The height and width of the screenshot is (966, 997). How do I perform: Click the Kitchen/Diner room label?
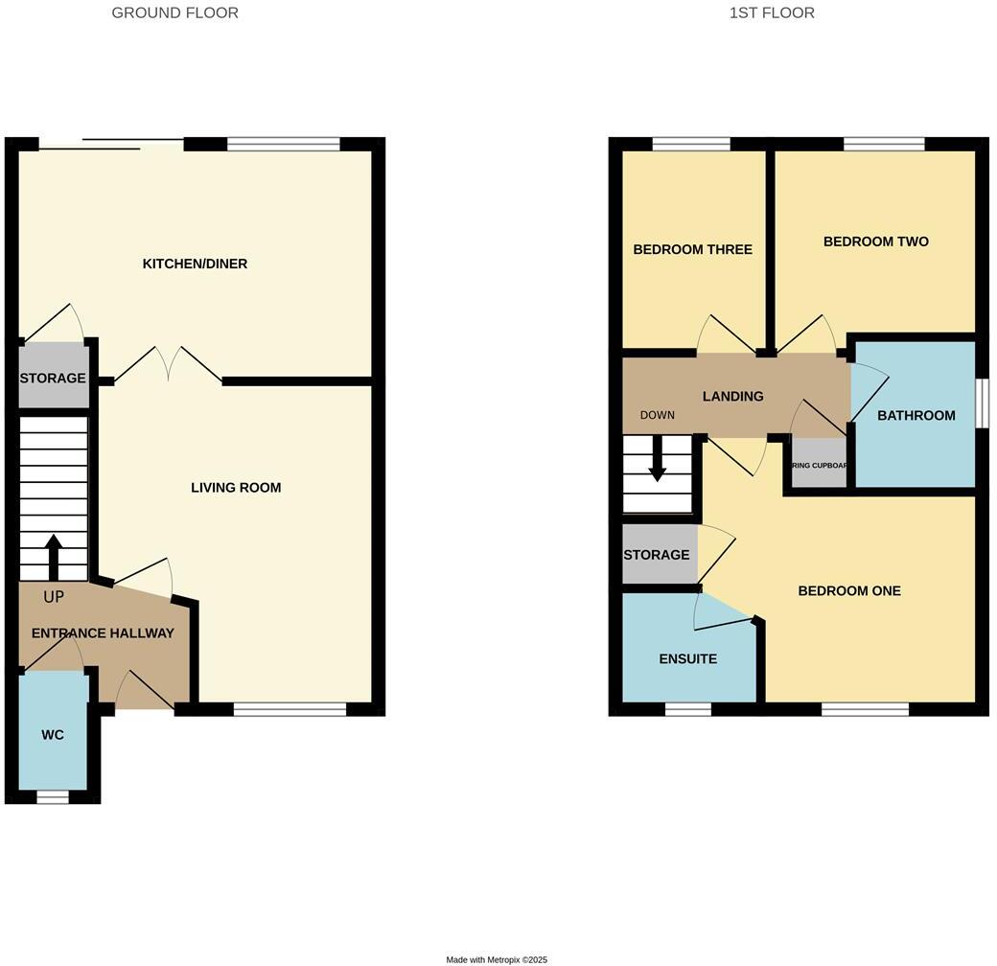pyautogui.click(x=195, y=264)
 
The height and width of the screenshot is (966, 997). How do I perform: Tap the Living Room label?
pyautogui.click(x=236, y=488)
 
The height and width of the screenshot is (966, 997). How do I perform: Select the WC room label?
pyautogui.click(x=53, y=735)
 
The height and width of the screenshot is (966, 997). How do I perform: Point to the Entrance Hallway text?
pyautogui.click(x=103, y=633)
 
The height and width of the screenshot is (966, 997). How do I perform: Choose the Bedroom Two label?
pyautogui.click(x=875, y=241)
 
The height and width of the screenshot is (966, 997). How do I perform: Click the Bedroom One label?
pyautogui.click(x=849, y=591)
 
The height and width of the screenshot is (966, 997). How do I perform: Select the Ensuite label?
pyautogui.click(x=687, y=659)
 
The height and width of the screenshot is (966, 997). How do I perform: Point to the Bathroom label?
pyautogui.click(x=916, y=416)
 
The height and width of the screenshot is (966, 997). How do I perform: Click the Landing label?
pyautogui.click(x=732, y=397)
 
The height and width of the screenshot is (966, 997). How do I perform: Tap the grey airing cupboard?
pyautogui.click(x=818, y=465)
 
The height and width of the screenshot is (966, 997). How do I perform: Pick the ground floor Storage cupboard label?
pyautogui.click(x=53, y=379)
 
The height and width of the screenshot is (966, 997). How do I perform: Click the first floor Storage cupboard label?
pyautogui.click(x=657, y=555)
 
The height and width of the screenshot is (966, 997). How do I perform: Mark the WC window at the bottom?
pyautogui.click(x=53, y=796)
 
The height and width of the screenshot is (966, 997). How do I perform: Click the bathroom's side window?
pyautogui.click(x=982, y=402)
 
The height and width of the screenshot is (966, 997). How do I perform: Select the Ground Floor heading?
pyautogui.click(x=174, y=13)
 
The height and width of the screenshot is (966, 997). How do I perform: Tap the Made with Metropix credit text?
pyautogui.click(x=497, y=959)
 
